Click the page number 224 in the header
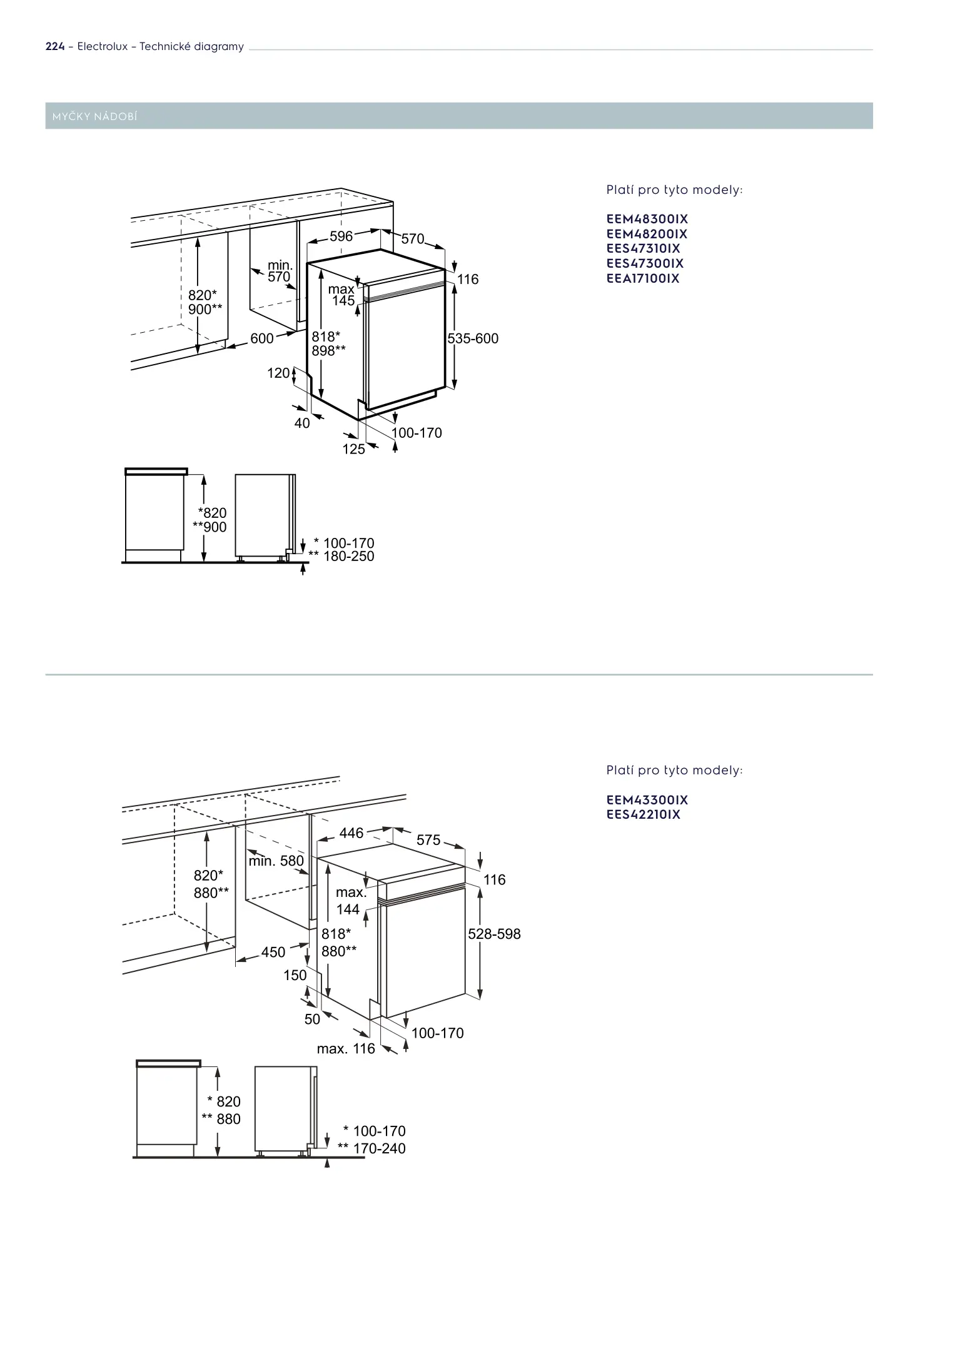click(x=55, y=47)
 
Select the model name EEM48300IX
click(x=647, y=220)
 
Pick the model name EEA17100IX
click(x=642, y=279)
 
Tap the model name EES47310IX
click(x=643, y=249)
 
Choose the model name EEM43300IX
click(x=647, y=800)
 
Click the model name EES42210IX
click(x=643, y=814)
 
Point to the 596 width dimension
click(x=341, y=236)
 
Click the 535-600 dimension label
click(x=473, y=339)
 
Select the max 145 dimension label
click(x=342, y=295)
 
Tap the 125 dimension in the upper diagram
click(x=353, y=448)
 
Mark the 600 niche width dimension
click(x=262, y=338)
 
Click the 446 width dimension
click(x=351, y=833)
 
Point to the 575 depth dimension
click(x=428, y=840)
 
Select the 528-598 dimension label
click(x=494, y=934)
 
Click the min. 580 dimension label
click(x=276, y=861)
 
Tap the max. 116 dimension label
click(x=346, y=1049)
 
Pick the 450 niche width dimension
click(x=273, y=952)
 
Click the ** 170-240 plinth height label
click(x=371, y=1148)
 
